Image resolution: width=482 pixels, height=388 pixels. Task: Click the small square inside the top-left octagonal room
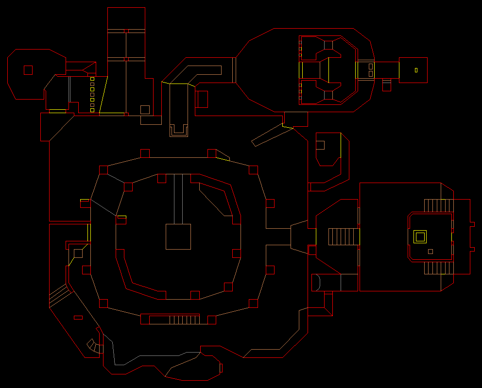28,70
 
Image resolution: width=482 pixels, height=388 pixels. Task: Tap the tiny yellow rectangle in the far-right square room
416,70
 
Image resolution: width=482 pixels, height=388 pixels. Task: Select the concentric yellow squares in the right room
420,236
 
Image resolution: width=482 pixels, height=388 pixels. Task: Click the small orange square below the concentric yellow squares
430,252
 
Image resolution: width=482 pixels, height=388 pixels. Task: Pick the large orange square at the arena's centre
178,236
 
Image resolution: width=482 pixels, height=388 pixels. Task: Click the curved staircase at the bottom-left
93,345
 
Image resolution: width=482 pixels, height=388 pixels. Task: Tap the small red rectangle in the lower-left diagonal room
78,318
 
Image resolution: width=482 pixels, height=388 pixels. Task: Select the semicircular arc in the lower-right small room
316,282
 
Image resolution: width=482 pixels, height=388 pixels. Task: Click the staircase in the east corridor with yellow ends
344,236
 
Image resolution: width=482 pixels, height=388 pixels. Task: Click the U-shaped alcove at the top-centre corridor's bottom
178,130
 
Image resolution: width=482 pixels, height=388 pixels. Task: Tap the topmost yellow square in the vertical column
92,79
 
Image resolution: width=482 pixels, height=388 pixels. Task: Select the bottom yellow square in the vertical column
92,110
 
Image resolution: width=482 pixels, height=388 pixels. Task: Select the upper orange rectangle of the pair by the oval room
371,66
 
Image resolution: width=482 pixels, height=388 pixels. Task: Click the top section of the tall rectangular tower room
126,18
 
